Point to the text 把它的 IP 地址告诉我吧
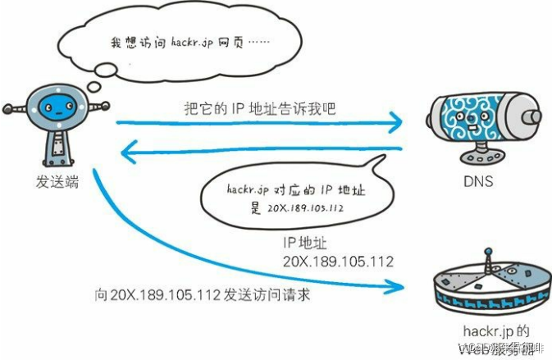(x=259, y=107)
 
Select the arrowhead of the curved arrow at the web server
(x=399, y=286)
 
